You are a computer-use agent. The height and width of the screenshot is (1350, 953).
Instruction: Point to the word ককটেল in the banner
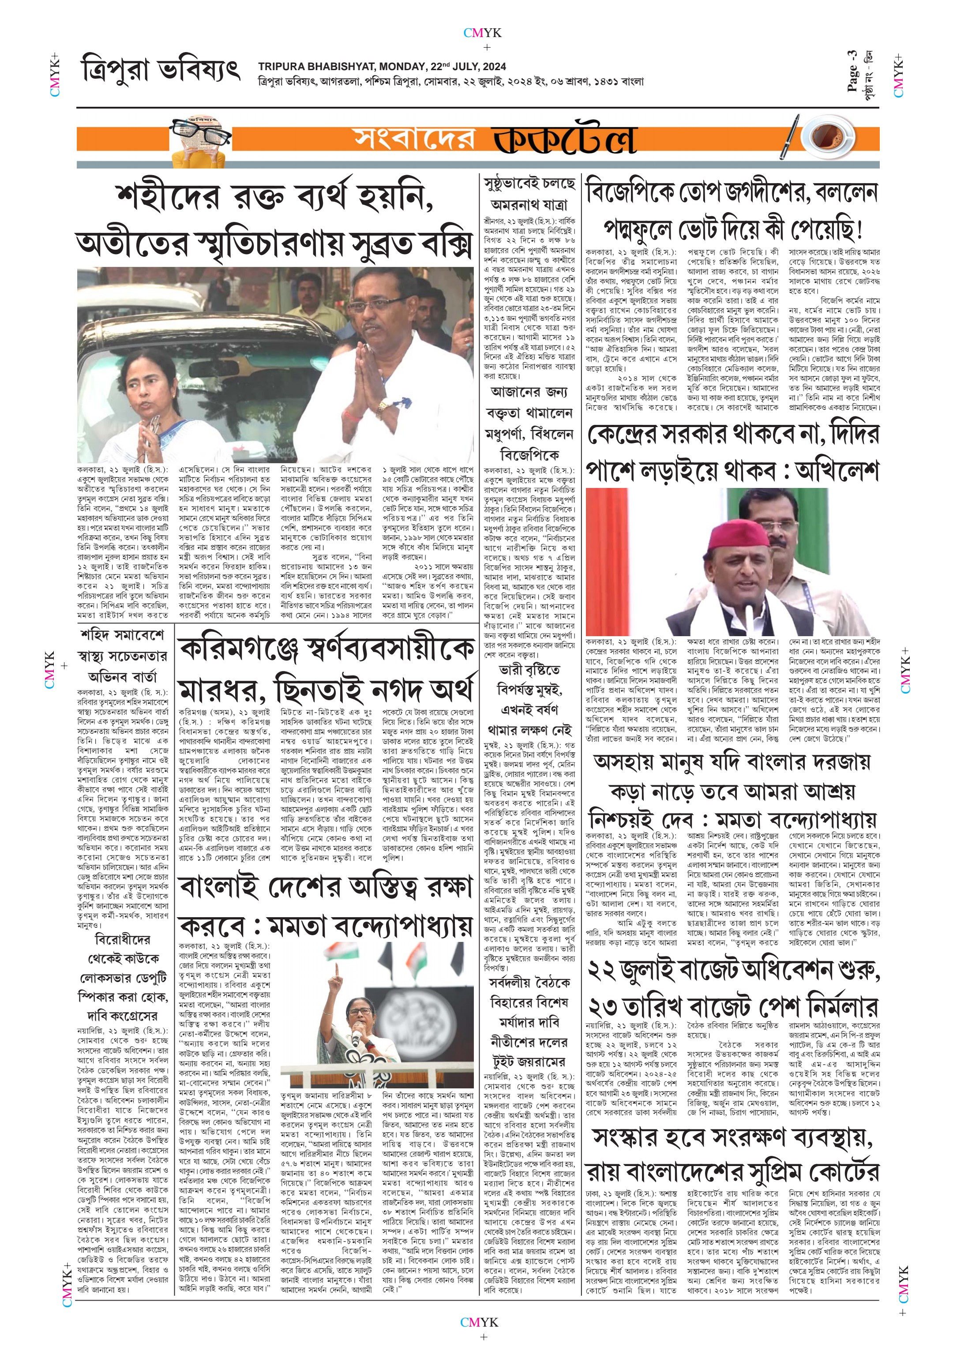[564, 139]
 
